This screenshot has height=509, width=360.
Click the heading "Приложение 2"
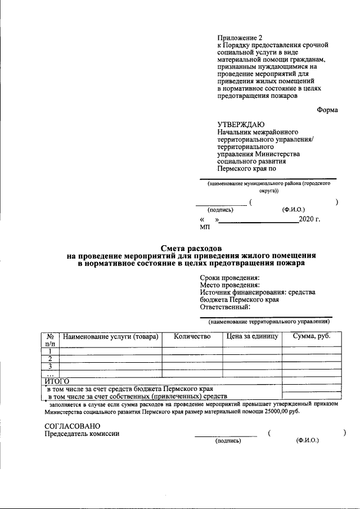[x=240, y=38]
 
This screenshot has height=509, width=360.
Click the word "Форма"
[x=327, y=110]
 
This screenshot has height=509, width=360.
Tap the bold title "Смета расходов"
[x=191, y=248]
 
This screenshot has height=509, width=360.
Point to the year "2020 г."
[x=309, y=219]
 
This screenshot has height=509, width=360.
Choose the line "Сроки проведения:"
[x=229, y=278]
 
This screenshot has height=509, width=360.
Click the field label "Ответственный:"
[x=225, y=307]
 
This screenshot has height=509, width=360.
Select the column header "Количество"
[x=192, y=336]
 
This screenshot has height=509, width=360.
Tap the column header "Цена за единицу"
[x=252, y=336]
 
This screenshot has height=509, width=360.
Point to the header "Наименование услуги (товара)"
[x=111, y=337]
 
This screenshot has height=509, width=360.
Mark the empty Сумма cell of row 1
[x=311, y=351]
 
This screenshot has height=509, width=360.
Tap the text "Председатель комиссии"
[x=82, y=434]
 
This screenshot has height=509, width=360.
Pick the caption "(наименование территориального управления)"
[x=268, y=322]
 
